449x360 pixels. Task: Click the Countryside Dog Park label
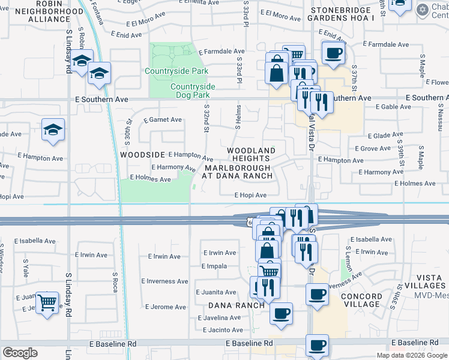193,91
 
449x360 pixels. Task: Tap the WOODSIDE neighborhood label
142,154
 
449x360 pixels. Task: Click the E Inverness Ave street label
164,281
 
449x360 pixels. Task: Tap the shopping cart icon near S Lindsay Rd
48,302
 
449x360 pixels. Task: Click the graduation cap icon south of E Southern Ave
53,129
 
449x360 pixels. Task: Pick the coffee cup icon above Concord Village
317,295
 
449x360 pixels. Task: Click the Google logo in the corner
20,352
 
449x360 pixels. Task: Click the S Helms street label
238,122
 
